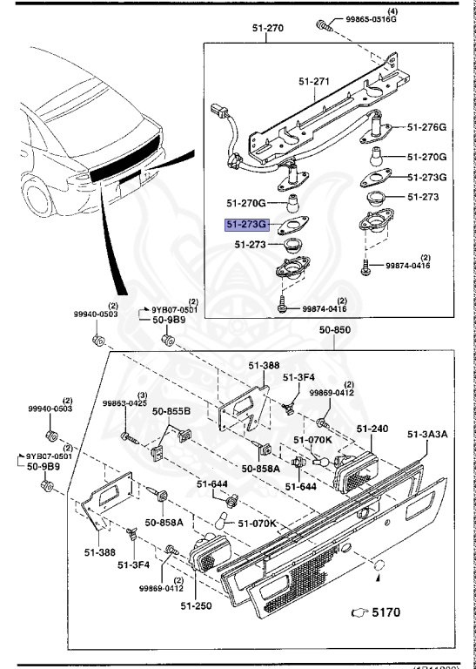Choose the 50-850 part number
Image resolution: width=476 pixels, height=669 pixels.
(335, 330)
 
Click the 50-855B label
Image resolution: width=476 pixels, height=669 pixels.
(171, 410)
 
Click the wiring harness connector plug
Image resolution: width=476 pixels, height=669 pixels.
(217, 112)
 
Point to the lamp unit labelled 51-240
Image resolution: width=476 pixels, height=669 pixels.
(354, 470)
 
